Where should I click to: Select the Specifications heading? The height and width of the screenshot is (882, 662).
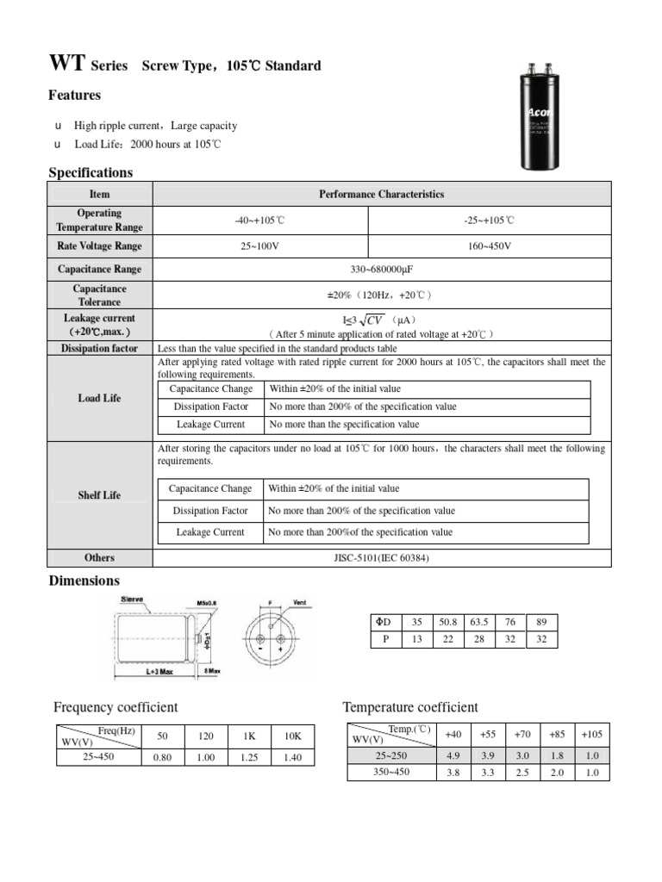[x=91, y=172]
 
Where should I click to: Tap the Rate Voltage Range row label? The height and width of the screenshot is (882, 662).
[x=100, y=246]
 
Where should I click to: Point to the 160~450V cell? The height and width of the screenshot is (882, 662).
[x=489, y=246]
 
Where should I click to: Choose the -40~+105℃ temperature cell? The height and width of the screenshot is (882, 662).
[x=259, y=220]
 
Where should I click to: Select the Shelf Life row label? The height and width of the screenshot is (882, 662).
[x=100, y=496]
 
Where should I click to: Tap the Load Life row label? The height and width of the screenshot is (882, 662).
[x=100, y=400]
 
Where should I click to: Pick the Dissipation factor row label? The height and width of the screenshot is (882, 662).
[x=100, y=349]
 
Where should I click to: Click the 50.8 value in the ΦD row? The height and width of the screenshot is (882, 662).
[x=447, y=622]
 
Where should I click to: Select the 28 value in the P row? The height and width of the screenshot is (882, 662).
[x=478, y=640]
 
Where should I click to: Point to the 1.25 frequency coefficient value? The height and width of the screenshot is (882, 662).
[x=248, y=758]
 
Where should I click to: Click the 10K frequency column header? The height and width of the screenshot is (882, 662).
[x=293, y=737]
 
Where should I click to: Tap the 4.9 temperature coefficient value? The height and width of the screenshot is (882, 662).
[x=453, y=755]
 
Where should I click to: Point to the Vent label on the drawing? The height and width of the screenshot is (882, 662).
[x=300, y=602]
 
